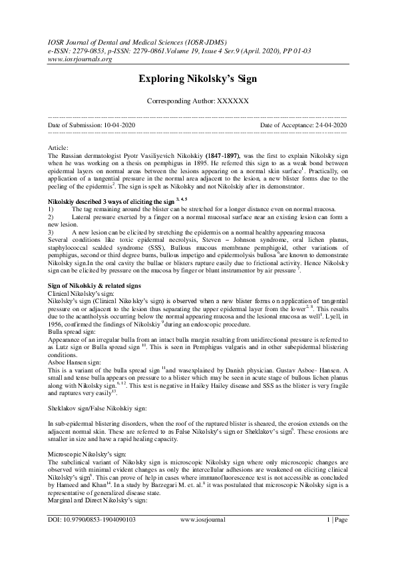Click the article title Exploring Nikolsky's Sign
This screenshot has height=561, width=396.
point(198,79)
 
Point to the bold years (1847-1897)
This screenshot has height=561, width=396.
point(218,153)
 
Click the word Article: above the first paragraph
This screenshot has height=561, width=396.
point(61,146)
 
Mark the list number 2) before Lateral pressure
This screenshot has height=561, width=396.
point(53,217)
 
